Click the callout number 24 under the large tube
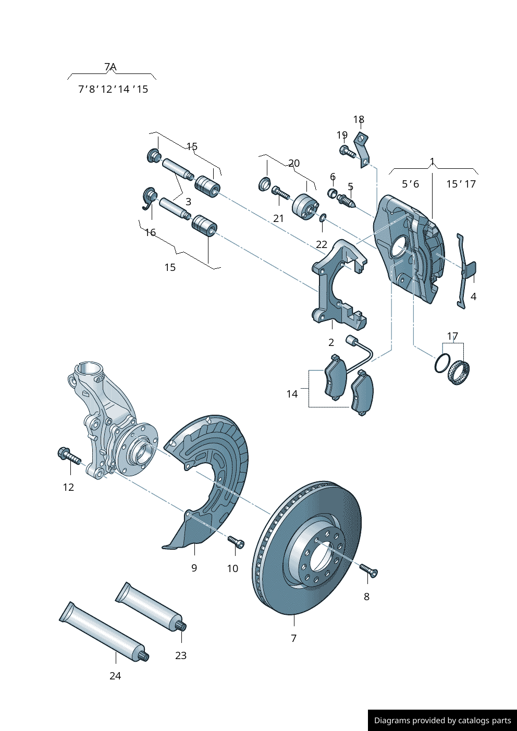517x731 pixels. coord(115,676)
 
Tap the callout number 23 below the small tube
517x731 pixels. coord(181,655)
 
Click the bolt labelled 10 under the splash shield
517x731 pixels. coord(236,542)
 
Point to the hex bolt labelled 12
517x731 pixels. coord(69,456)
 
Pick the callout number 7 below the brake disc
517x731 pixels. coord(294,638)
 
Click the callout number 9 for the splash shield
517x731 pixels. coord(194,568)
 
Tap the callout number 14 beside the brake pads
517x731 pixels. coord(292,394)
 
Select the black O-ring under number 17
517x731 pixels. coord(442,363)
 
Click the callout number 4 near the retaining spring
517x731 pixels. coord(473,296)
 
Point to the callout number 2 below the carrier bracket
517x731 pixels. coord(331,342)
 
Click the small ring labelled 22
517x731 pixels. coord(323,217)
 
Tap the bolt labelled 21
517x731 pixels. coord(280,194)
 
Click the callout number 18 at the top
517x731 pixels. coord(359,120)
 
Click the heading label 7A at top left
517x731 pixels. coord(110,67)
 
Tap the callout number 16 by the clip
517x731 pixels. coord(151,232)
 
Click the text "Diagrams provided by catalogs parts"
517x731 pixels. coord(442,721)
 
